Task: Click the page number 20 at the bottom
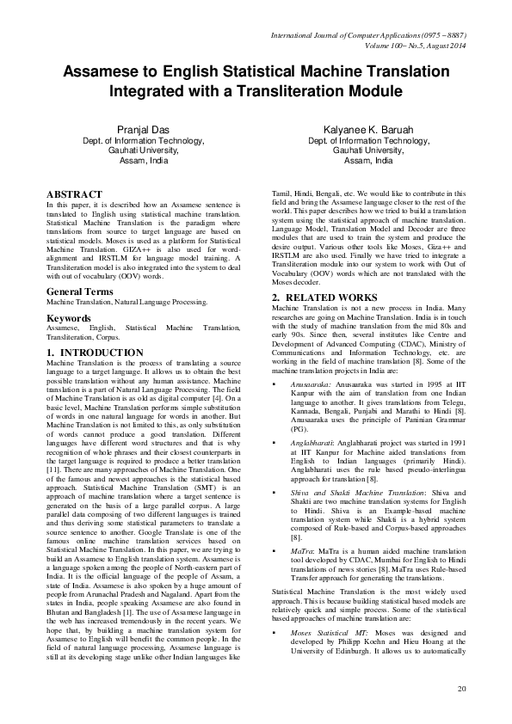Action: click(462, 689)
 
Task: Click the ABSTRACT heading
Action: click(74, 195)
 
